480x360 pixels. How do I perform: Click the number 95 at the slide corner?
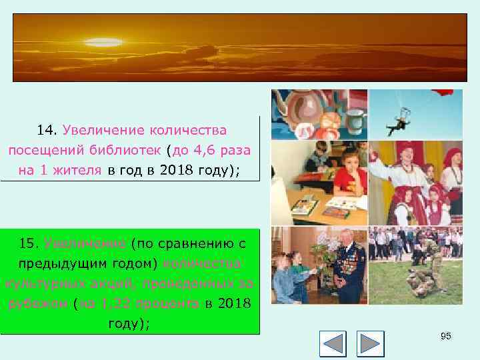coord(446,336)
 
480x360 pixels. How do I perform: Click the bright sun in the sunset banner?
coord(103,43)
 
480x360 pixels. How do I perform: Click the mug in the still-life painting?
coord(355,121)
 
